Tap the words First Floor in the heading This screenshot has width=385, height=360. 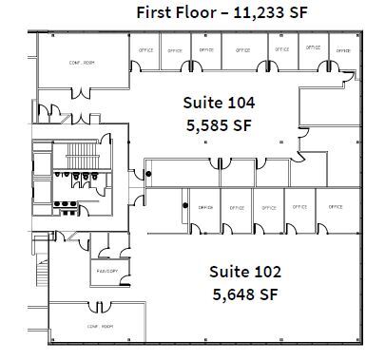click(x=172, y=12)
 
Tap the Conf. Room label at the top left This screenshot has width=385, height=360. click(x=84, y=64)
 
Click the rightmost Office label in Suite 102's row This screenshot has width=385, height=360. click(x=335, y=206)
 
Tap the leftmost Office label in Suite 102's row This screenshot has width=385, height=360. click(x=204, y=206)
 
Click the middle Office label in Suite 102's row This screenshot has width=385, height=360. click(x=269, y=206)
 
